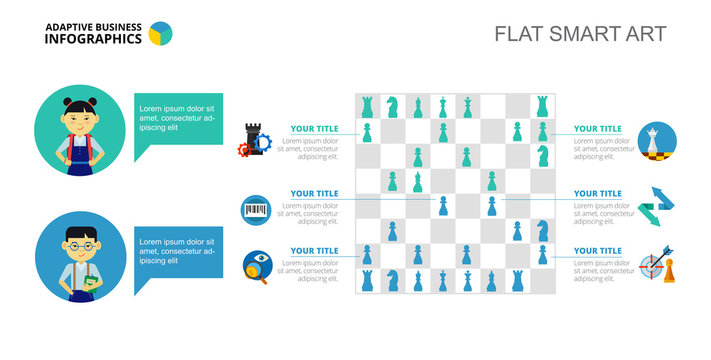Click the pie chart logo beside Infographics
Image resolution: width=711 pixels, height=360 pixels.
point(160,35)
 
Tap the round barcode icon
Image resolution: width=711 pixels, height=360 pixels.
point(256,209)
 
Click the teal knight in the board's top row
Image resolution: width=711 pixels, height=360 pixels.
point(393,105)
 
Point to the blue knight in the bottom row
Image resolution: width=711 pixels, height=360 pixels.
point(393,281)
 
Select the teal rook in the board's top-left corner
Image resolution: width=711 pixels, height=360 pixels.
point(368,105)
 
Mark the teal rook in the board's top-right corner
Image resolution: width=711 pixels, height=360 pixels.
point(542,105)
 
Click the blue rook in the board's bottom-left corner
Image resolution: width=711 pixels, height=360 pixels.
point(368,281)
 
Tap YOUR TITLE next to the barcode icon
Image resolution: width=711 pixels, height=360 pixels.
point(314,193)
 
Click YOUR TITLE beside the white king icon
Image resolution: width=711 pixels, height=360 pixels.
point(597,129)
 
